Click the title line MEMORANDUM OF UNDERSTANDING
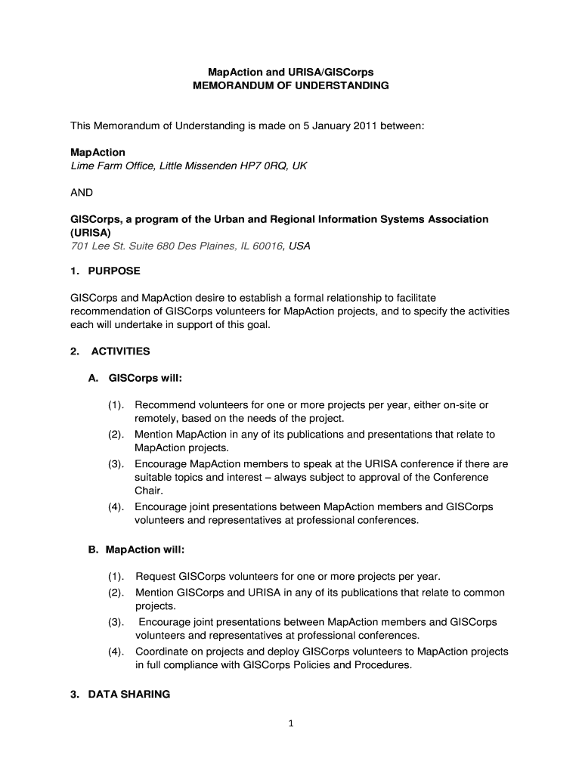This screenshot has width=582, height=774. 291,86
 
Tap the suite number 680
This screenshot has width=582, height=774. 155,246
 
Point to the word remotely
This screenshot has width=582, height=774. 156,418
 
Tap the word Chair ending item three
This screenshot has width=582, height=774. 149,491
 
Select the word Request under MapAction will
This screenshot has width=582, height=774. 155,577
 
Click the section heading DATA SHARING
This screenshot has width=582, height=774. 129,694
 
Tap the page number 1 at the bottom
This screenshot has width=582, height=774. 291,723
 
